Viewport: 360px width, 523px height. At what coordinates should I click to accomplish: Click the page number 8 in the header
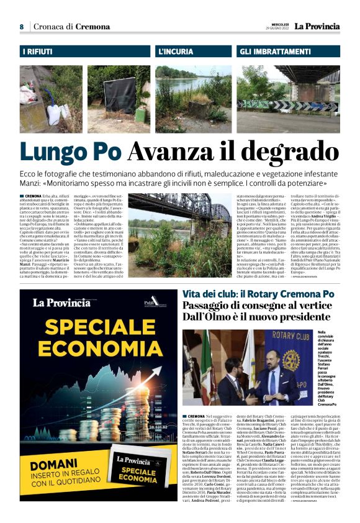pyautogui.click(x=22, y=27)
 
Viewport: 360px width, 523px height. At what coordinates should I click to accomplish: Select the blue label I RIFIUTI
pyautogui.click(x=38, y=52)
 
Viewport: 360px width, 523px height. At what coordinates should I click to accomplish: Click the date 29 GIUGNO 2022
pyautogui.click(x=277, y=29)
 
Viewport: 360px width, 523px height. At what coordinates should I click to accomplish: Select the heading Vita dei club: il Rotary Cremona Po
pyautogui.click(x=259, y=294)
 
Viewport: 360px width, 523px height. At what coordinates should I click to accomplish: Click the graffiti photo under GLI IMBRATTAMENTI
pyautogui.click(x=289, y=99)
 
